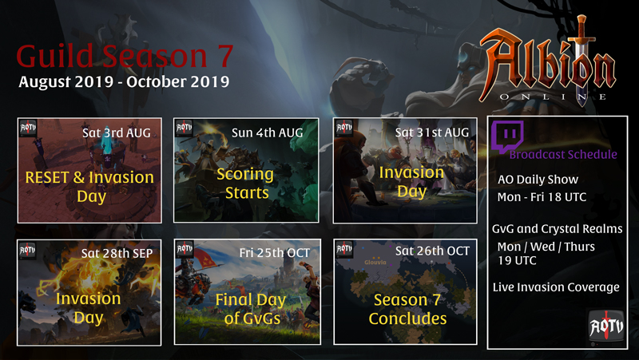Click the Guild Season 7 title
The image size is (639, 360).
(x=125, y=56)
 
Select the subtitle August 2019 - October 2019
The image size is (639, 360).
(x=124, y=82)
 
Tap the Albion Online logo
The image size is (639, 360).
(x=548, y=61)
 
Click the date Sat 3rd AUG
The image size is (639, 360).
(x=117, y=133)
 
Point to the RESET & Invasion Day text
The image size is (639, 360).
(x=89, y=187)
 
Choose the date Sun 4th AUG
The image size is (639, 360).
(x=268, y=133)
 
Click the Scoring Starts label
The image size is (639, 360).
(x=245, y=184)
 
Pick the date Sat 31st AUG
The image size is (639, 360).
(x=432, y=133)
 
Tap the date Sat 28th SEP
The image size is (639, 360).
(x=117, y=253)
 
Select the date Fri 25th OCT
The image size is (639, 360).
(x=275, y=253)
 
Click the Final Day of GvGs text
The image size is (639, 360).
(x=251, y=309)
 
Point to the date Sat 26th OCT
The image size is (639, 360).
(x=432, y=251)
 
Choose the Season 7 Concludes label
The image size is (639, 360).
(x=407, y=309)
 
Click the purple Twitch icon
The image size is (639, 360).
(x=507, y=136)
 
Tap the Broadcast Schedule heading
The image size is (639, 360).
(x=563, y=154)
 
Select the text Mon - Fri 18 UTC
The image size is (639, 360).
(x=542, y=197)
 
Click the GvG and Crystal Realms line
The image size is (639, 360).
(x=557, y=229)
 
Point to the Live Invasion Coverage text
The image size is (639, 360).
(x=556, y=287)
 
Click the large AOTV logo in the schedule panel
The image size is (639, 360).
(x=606, y=326)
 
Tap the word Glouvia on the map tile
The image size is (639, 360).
(x=375, y=263)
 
